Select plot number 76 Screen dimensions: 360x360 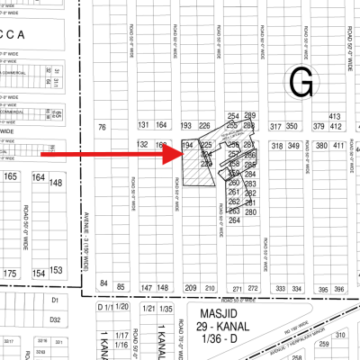(103, 128)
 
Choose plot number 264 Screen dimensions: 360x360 (234, 220)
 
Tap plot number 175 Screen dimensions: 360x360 (10, 272)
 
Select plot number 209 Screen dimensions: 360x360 (190, 288)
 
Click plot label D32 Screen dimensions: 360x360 (55, 319)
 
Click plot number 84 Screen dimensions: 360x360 (104, 285)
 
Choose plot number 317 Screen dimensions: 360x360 (275, 128)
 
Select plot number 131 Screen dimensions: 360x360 (142, 125)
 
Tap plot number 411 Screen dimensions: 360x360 (339, 145)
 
